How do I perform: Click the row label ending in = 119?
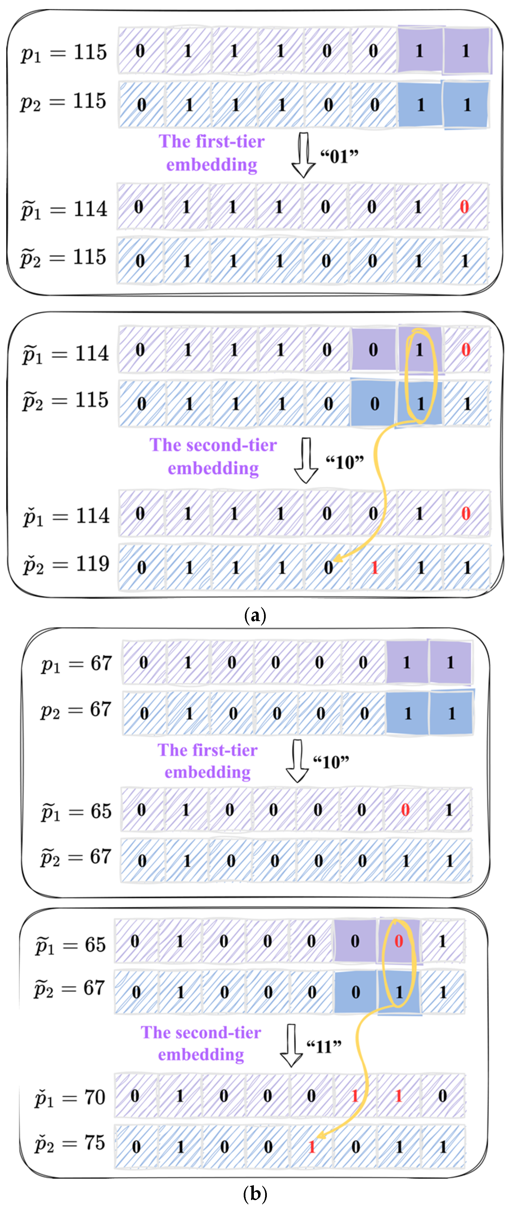(66, 564)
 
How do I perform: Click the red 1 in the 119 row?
(374, 567)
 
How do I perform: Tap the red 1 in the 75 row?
(311, 1147)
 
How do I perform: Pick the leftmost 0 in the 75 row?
(136, 1147)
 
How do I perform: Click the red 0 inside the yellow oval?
(398, 941)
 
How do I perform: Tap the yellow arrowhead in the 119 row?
(337, 559)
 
